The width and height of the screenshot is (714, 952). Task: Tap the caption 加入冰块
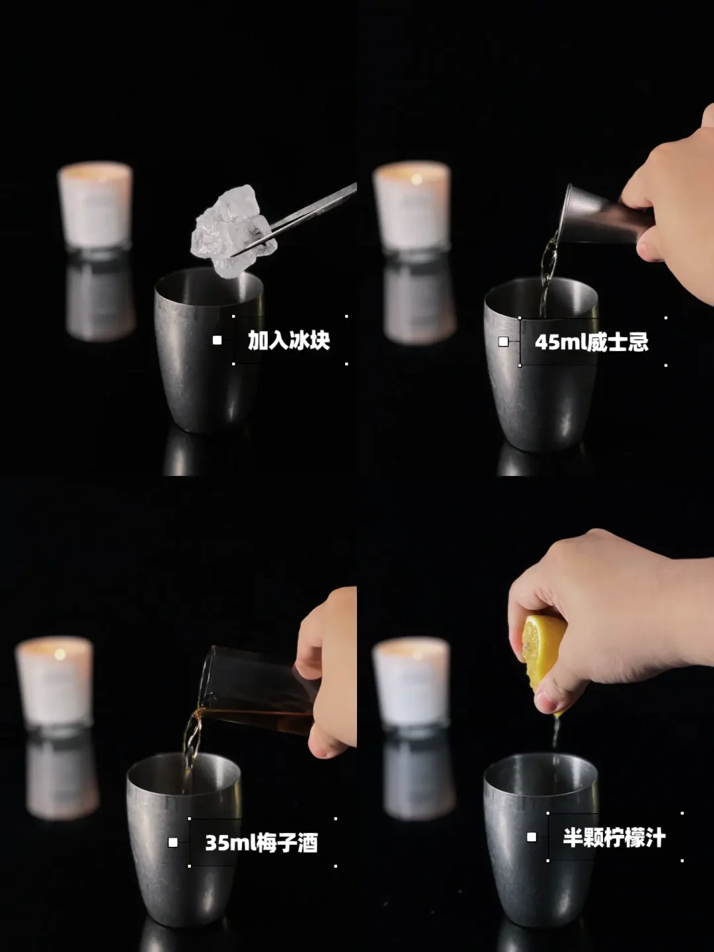point(289,340)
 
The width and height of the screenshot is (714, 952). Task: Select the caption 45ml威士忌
point(592,342)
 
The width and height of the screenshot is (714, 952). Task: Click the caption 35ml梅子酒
point(261,843)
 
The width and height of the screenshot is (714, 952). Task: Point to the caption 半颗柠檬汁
point(614,837)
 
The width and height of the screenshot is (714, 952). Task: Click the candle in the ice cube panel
point(95,207)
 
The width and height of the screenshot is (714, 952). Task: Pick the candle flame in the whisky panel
point(416,178)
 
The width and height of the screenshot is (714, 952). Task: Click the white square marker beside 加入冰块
point(218,340)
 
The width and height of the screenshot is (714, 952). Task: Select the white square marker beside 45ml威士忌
point(503,342)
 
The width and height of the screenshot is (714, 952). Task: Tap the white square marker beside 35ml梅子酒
point(173,842)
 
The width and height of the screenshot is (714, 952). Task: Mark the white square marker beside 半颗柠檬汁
point(532,837)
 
